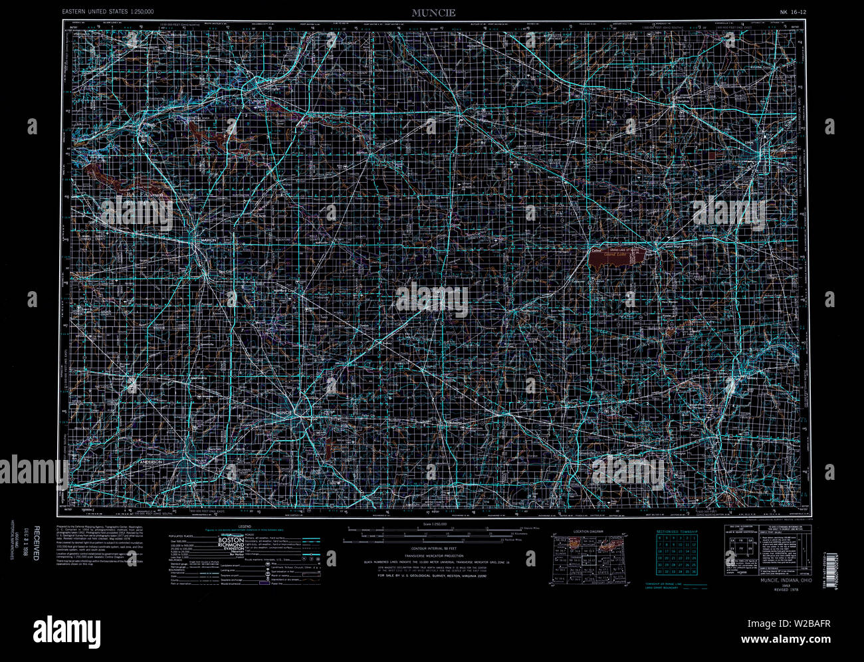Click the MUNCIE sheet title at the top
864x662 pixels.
coord(433,13)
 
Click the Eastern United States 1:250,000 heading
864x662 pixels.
coord(108,12)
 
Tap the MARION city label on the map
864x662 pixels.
coord(209,240)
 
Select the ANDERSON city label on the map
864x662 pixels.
coord(152,461)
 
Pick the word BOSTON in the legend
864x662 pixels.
coord(232,541)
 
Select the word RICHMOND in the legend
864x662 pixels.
coord(233,550)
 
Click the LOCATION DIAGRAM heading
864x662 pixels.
coord(588,532)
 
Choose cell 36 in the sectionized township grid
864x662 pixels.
coord(693,571)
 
